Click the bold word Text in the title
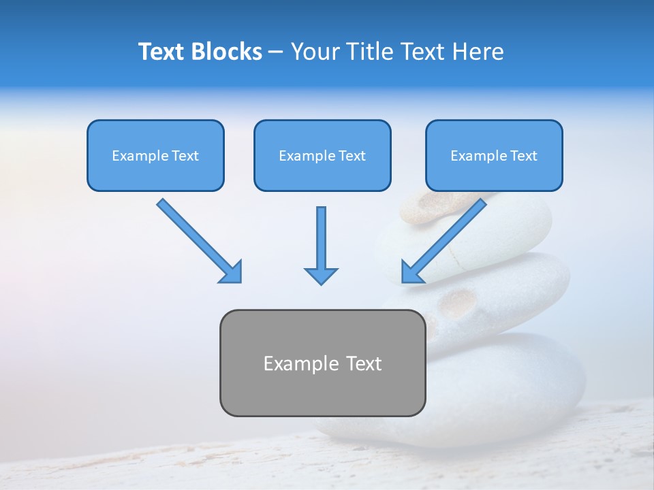pyautogui.click(x=162, y=52)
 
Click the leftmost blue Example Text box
pyautogui.click(x=155, y=156)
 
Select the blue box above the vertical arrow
pyautogui.click(x=322, y=156)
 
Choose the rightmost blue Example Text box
pyautogui.click(x=494, y=156)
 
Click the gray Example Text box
pyautogui.click(x=322, y=363)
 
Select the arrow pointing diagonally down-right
pyautogui.click(x=198, y=240)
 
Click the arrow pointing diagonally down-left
pyautogui.click(x=445, y=240)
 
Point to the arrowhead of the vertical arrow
pyautogui.click(x=321, y=276)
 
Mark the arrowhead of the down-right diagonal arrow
pyautogui.click(x=232, y=272)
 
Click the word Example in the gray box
pyautogui.click(x=300, y=363)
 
